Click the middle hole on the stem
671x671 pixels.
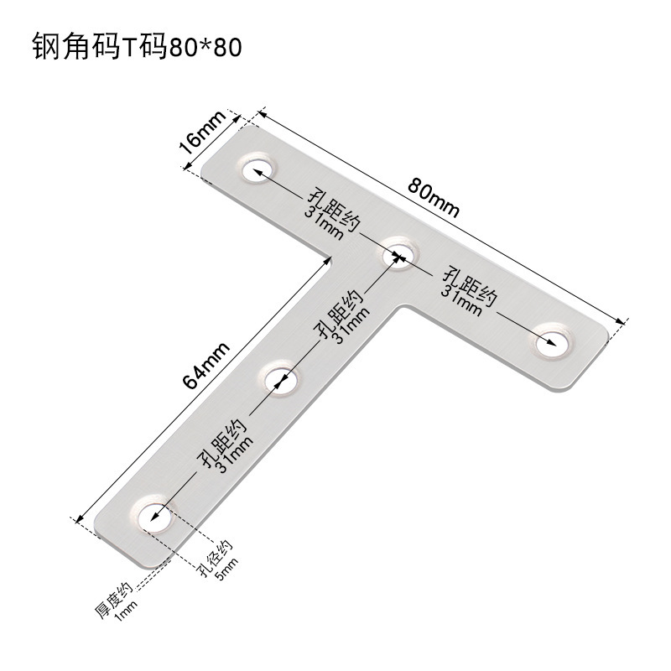pos(283,378)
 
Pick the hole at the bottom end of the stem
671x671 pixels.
pos(152,516)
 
